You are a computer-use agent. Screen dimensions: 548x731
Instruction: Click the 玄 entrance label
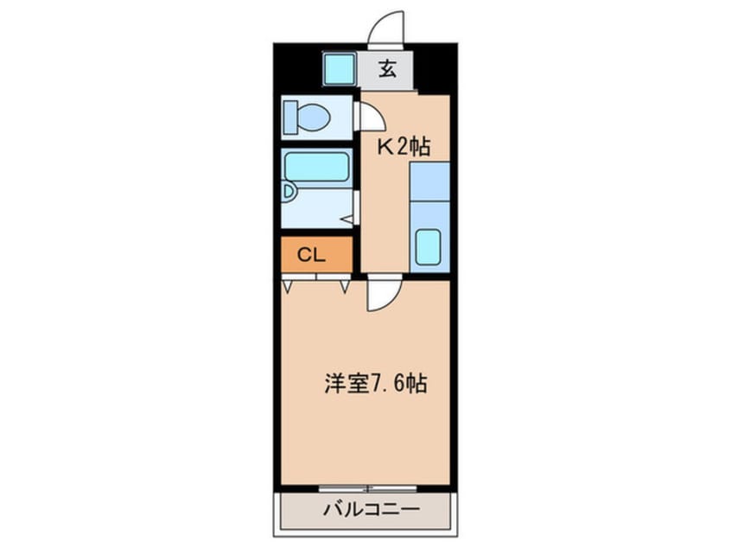[388, 70]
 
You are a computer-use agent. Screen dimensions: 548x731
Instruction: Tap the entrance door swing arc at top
[386, 28]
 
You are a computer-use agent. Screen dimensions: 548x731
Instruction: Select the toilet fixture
[310, 116]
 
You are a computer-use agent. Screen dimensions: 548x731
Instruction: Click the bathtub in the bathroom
[316, 165]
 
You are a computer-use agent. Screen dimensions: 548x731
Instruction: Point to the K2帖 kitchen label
[403, 146]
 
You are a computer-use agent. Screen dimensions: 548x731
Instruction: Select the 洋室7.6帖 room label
[376, 383]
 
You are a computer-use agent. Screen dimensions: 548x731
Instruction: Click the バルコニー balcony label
[367, 509]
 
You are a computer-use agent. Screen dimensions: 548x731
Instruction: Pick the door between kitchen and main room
[380, 294]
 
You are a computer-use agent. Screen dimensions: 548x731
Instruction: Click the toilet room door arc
[367, 116]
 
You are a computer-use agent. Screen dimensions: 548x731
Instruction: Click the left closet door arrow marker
[288, 284]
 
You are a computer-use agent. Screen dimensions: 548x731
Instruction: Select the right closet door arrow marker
[345, 284]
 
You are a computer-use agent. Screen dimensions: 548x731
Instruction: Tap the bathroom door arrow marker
[347, 220]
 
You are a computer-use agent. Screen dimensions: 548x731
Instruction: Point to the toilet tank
[290, 116]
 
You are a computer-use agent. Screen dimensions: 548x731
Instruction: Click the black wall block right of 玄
[435, 68]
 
